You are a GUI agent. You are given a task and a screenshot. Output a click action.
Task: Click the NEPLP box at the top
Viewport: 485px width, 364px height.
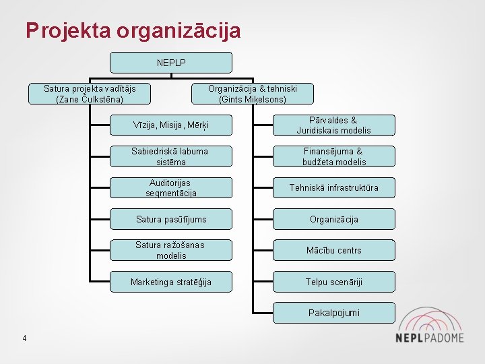[x=171, y=63]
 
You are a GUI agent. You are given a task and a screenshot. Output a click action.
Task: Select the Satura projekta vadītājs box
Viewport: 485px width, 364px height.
[x=90, y=94]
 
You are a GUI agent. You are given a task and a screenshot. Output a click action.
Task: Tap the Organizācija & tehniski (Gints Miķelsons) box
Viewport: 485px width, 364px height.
[x=253, y=94]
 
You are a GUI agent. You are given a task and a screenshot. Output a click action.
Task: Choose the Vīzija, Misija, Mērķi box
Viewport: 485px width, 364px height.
[x=171, y=125]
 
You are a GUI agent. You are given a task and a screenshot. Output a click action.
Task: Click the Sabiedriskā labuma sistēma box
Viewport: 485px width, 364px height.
[x=171, y=156]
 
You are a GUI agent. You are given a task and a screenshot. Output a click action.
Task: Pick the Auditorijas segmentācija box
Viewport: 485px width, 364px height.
[x=171, y=188]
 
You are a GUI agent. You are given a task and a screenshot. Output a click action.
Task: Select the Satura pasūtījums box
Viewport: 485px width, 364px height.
[x=171, y=219]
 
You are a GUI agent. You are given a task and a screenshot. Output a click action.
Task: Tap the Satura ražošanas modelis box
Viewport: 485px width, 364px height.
[x=171, y=250]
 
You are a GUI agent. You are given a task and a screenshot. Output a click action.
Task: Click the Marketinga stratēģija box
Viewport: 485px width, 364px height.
[x=171, y=282]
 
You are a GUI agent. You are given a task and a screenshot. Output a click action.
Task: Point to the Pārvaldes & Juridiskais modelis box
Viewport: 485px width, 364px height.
[x=334, y=125]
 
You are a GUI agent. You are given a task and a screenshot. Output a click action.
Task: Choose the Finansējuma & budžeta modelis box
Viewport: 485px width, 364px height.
[x=334, y=156]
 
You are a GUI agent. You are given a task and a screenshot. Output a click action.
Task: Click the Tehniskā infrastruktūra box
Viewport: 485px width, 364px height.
[x=334, y=188]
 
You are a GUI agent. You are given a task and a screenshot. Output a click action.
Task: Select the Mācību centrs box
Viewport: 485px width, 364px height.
[x=334, y=250]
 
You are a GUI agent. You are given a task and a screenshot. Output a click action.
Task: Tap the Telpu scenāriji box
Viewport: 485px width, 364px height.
[x=334, y=282]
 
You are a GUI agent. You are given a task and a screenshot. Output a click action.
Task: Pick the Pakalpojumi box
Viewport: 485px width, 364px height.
[x=334, y=313]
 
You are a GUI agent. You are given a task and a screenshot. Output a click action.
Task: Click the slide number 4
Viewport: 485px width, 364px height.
[x=24, y=338]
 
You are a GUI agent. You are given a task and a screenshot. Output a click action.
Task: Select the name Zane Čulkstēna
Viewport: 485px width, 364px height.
[x=90, y=99]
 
